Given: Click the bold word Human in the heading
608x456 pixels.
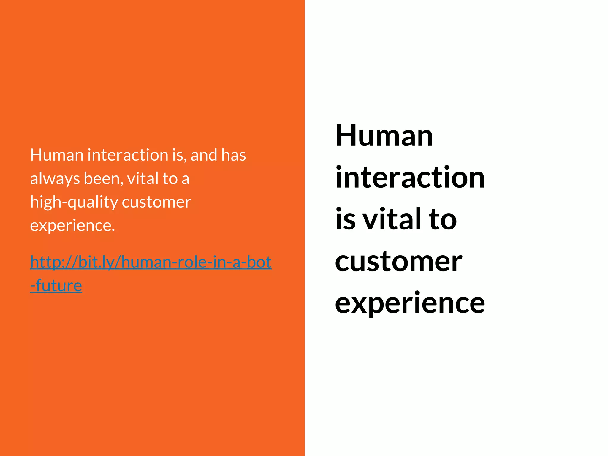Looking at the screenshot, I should click(x=384, y=136).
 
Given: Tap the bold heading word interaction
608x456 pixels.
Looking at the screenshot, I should click(x=410, y=178).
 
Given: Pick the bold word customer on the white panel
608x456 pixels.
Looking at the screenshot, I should click(x=398, y=261).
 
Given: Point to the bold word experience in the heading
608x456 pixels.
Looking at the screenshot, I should click(x=410, y=303).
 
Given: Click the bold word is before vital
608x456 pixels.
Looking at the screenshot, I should click(x=345, y=219).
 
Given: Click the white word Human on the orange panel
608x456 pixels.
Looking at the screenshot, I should click(x=57, y=155).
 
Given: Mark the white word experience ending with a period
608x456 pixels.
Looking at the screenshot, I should click(x=72, y=226).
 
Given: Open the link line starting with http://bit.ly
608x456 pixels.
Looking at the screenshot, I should click(x=151, y=262).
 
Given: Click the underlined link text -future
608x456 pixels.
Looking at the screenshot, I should click(x=56, y=286).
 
